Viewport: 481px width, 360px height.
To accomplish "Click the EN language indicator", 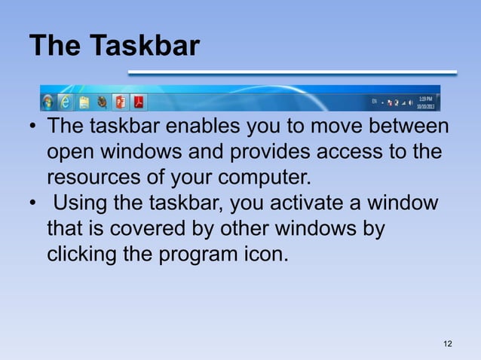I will (374, 99).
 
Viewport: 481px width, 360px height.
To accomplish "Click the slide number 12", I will (448, 344).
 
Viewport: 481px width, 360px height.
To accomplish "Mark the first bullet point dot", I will (34, 127).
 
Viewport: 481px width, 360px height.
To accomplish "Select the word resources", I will (94, 179).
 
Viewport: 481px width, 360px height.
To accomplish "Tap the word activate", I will (298, 203).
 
